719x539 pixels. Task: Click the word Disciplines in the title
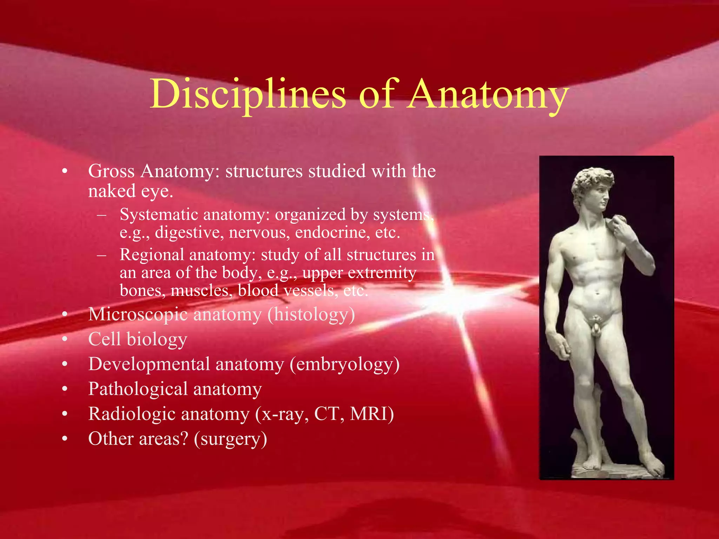(x=248, y=94)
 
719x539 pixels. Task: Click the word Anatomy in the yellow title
(x=488, y=94)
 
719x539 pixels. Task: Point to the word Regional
(x=151, y=254)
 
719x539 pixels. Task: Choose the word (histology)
(x=311, y=314)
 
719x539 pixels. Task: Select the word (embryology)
(x=344, y=364)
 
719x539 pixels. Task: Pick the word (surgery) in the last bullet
(x=230, y=439)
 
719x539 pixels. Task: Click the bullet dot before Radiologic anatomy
(x=65, y=414)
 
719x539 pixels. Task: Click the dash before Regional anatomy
(x=102, y=255)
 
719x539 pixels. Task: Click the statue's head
(x=593, y=186)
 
